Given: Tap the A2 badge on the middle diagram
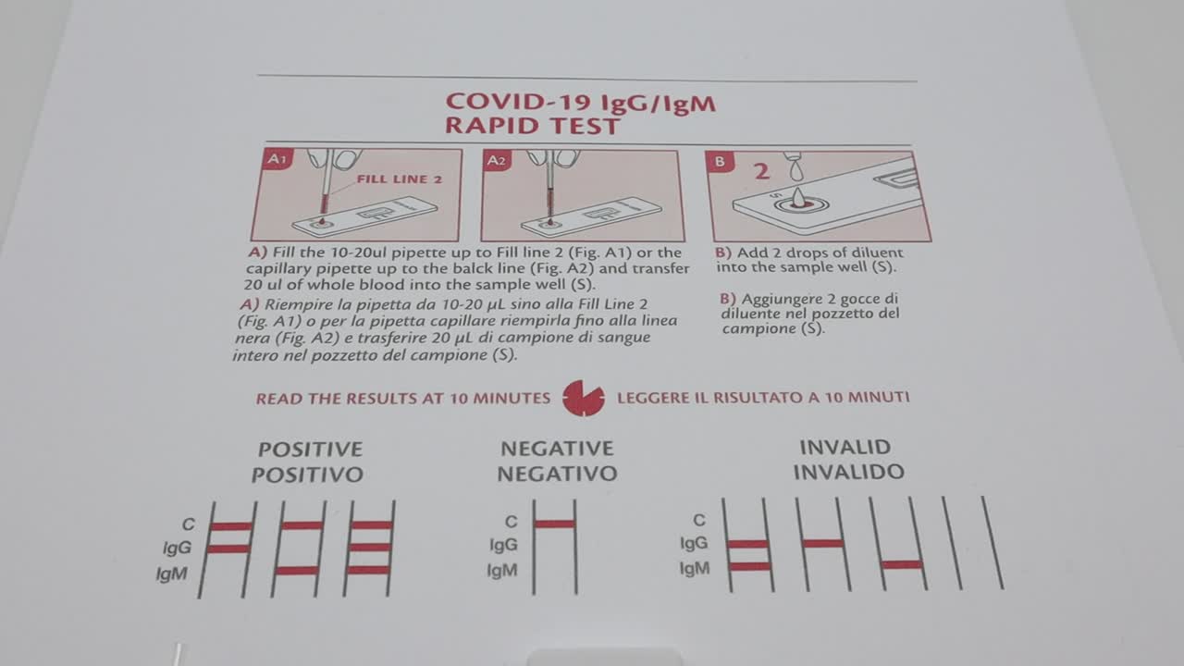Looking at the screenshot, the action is tap(497, 161).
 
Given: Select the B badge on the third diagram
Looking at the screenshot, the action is tap(720, 162).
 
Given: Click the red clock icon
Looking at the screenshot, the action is tap(584, 398).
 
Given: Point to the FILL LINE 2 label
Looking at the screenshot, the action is tap(399, 179).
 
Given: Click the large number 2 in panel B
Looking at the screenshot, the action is tap(761, 172).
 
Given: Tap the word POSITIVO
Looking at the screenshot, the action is tap(307, 475).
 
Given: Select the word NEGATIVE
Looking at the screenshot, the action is tap(557, 449).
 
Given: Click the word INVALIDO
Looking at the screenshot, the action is tap(849, 472).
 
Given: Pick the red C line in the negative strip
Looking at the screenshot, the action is tap(554, 524).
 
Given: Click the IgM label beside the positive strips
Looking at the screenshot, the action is tap(172, 573).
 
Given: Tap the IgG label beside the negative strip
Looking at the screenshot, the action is tap(503, 545).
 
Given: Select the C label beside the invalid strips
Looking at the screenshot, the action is tap(699, 521).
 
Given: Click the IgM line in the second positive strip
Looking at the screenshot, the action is tap(297, 571).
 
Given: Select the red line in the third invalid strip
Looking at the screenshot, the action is tap(902, 564).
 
